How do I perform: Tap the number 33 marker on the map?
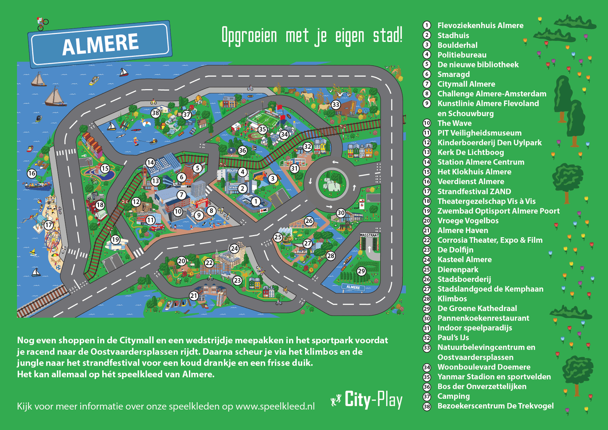point(335,105)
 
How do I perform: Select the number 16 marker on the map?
point(32,173)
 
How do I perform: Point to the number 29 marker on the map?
point(361,271)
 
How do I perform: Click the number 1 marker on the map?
point(255,202)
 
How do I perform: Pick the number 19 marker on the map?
point(115,240)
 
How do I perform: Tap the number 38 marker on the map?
point(156,113)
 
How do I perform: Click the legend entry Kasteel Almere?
point(464,260)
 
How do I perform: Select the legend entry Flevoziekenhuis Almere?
point(480,26)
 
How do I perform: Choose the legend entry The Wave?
point(454,123)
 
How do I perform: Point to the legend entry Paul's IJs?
point(453,337)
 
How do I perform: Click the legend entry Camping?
point(453,396)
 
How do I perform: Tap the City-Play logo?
point(367,400)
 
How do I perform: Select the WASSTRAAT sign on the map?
point(369,236)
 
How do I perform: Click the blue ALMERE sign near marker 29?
point(353,287)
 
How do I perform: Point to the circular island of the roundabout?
point(332,183)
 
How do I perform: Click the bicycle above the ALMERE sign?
point(42,24)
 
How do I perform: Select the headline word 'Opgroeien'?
point(249,35)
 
